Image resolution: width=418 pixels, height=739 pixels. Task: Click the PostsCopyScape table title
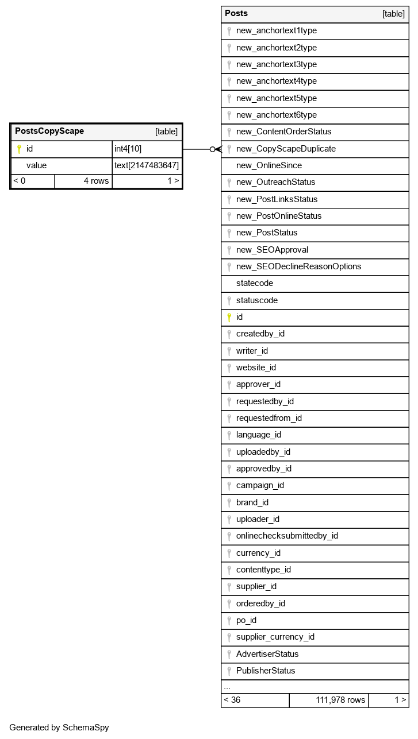click(x=49, y=131)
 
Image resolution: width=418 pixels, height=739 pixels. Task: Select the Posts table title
click(x=236, y=14)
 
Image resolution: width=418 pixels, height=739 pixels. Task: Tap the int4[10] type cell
click(x=128, y=149)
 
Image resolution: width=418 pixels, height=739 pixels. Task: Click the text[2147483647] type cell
click(x=147, y=165)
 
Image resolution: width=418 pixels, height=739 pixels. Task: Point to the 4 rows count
click(x=96, y=181)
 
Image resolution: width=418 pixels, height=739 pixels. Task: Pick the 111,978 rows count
click(x=340, y=700)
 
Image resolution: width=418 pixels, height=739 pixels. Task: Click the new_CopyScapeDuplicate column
click(x=286, y=149)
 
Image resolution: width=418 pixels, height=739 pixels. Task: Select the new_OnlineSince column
click(x=269, y=165)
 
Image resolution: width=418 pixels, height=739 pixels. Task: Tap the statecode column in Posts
click(x=255, y=283)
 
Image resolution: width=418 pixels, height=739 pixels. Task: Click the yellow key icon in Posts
click(x=229, y=317)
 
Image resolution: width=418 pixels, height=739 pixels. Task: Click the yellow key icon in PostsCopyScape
click(x=19, y=149)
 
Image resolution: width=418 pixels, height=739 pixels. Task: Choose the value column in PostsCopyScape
click(x=36, y=165)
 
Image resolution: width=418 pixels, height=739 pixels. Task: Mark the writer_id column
click(x=252, y=351)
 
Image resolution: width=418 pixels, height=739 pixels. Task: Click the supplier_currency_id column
click(x=275, y=637)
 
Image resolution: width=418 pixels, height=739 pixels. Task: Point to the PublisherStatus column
click(x=266, y=671)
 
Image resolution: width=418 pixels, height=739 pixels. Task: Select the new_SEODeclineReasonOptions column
click(x=298, y=266)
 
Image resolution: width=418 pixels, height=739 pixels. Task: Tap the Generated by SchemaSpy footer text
click(x=59, y=728)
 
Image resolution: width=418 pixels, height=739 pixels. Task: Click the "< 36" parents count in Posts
click(x=232, y=700)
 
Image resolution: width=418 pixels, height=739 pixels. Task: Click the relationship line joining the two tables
click(x=198, y=149)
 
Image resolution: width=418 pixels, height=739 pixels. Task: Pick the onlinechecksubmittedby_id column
click(x=287, y=536)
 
